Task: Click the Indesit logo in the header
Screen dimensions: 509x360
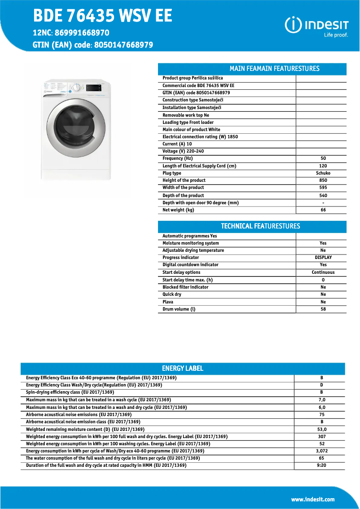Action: [316, 26]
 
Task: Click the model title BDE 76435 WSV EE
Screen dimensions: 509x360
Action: [102, 16]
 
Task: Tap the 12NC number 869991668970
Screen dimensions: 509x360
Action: [82, 33]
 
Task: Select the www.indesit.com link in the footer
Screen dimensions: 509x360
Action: [312, 499]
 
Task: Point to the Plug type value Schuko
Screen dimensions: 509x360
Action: [323, 173]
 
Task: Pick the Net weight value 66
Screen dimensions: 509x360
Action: [323, 210]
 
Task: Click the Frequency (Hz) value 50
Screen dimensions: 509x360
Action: [323, 158]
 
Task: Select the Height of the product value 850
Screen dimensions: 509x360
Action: [323, 180]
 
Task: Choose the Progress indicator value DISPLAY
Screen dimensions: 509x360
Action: [323, 258]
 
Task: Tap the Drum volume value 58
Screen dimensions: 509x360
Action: [323, 309]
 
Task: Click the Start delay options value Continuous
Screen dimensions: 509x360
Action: [323, 272]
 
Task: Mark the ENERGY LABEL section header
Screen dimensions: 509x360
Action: [183, 369]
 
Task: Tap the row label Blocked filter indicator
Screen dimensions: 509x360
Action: [185, 287]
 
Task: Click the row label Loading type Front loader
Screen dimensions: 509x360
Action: [188, 123]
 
